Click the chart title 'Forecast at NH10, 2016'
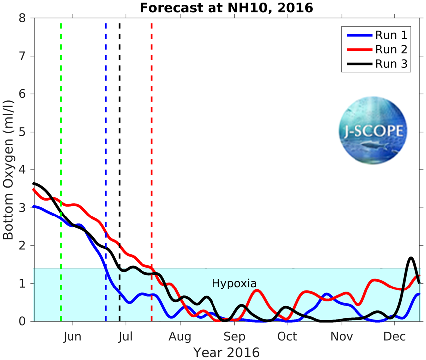226,8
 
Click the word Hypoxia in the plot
234,284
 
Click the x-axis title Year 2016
226,352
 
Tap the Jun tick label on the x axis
72,336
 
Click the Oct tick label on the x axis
287,336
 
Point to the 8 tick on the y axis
21,18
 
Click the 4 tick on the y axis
21,170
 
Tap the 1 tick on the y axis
21,284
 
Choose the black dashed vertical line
120,124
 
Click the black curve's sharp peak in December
411,258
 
